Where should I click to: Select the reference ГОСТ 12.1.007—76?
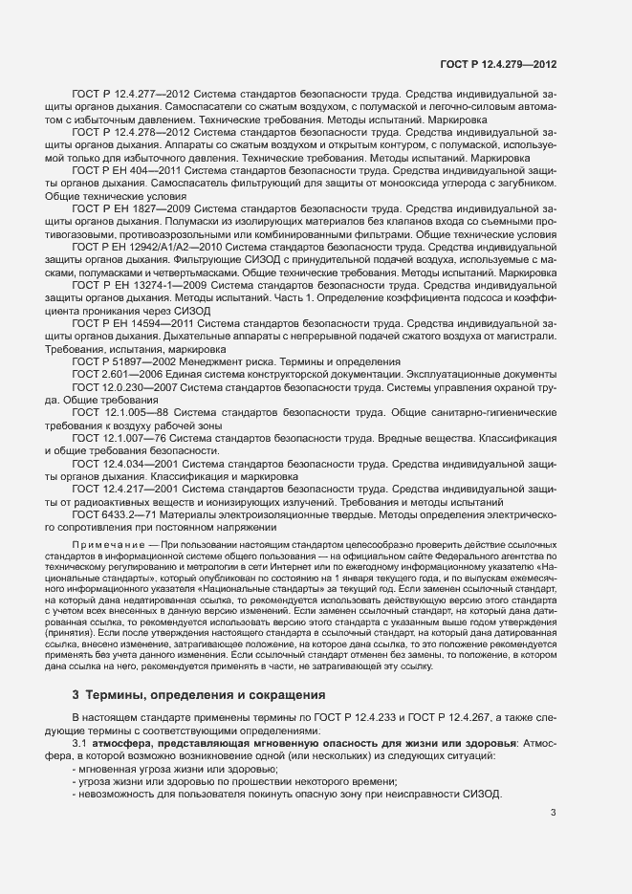click(x=121, y=438)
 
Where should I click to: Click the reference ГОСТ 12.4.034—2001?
click(x=124, y=464)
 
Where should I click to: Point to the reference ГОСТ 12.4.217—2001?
click(x=124, y=490)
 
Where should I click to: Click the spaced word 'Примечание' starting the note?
click(x=108, y=544)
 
